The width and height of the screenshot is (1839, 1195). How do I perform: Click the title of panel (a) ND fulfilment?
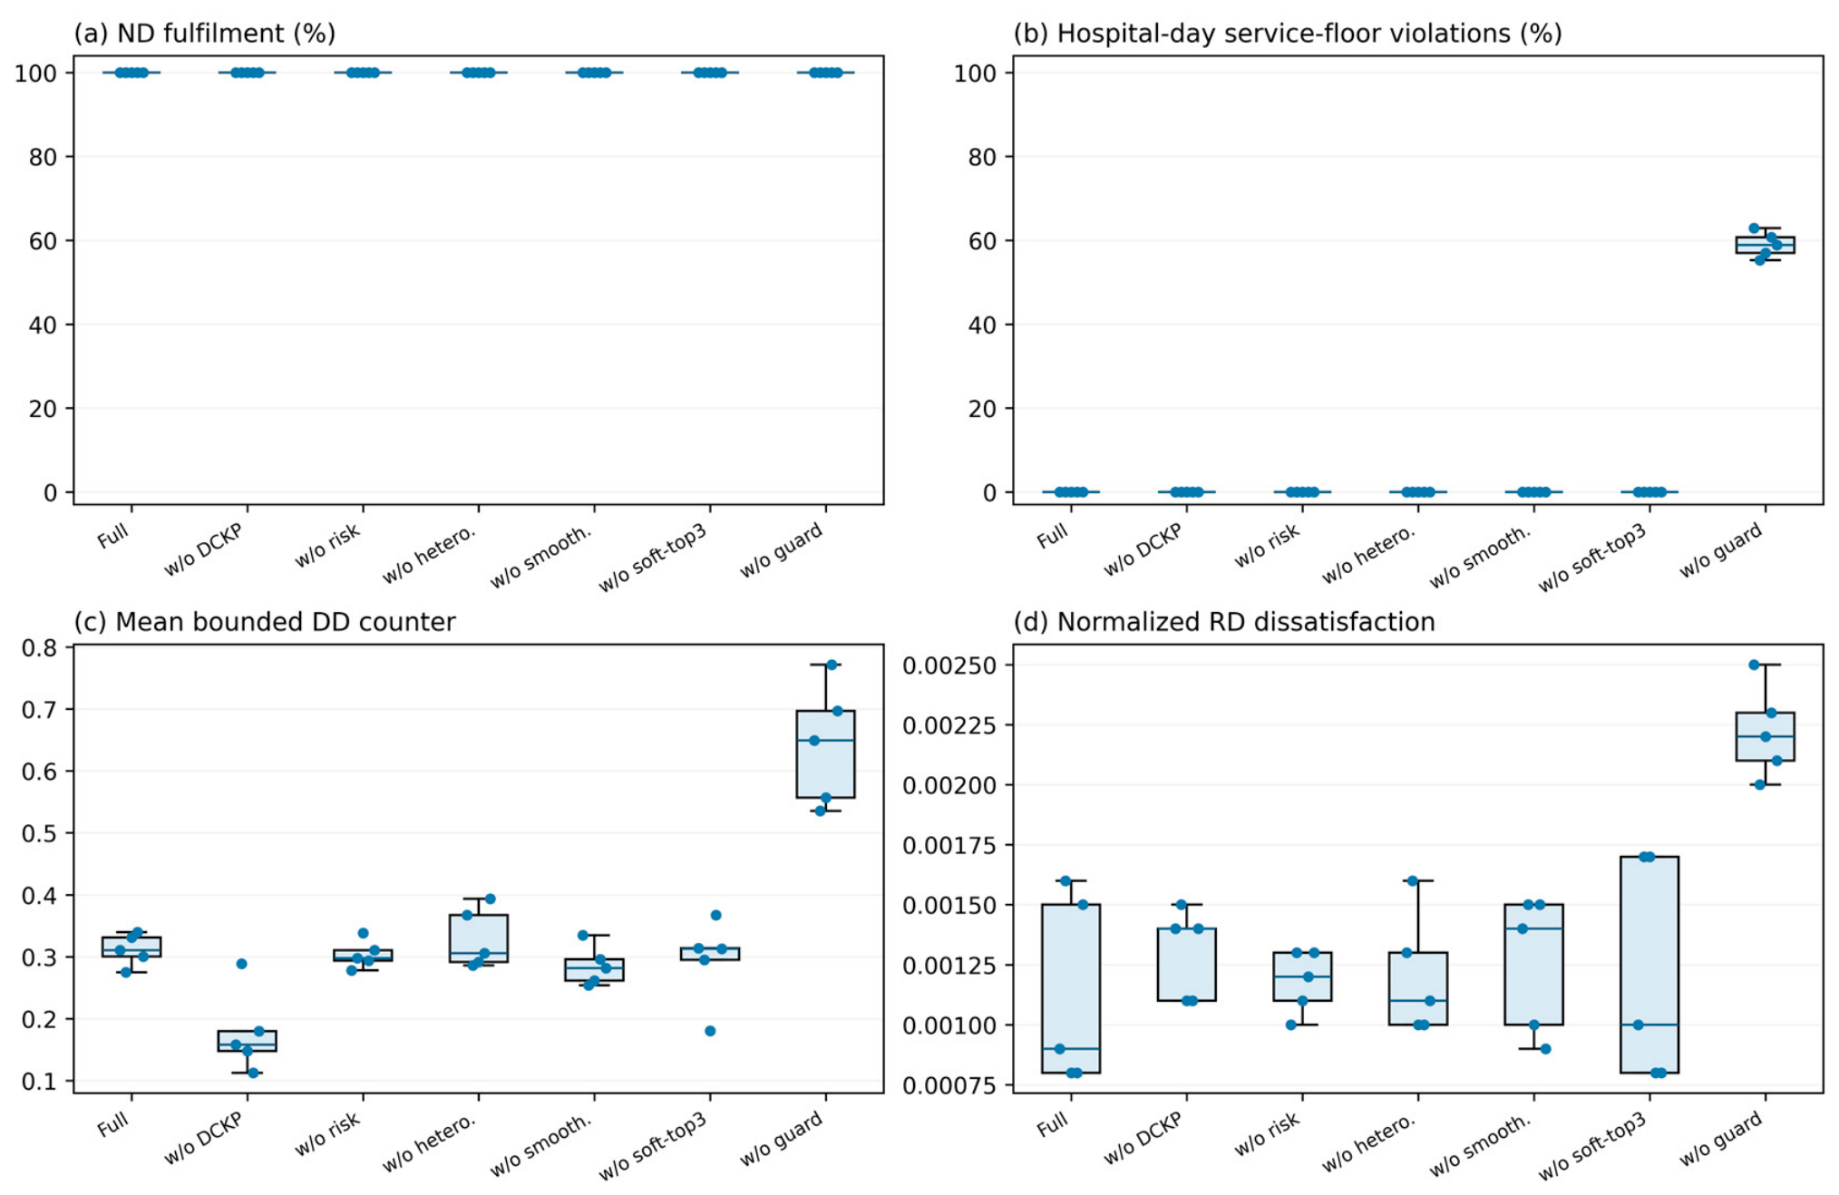tap(205, 34)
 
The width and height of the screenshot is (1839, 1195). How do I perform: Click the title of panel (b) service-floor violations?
tap(1288, 34)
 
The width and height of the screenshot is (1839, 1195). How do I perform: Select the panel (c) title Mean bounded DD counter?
tap(265, 622)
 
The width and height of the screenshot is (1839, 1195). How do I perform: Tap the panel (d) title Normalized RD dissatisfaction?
tap(1224, 622)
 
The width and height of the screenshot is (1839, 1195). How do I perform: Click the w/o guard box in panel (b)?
tap(1765, 245)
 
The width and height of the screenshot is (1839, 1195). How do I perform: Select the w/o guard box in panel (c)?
tap(825, 753)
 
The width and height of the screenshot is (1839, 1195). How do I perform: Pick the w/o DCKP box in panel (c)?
tap(248, 1040)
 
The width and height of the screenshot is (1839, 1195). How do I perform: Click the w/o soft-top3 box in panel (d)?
tap(1649, 964)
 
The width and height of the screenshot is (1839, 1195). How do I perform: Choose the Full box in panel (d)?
tap(1071, 988)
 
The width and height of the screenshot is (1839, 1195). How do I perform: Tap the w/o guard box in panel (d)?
tap(1765, 736)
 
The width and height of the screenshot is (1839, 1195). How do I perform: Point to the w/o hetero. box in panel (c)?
tap(479, 938)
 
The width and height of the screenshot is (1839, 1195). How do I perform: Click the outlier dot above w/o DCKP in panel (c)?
tap(242, 964)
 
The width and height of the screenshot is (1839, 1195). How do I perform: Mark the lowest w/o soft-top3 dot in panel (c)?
tap(710, 1031)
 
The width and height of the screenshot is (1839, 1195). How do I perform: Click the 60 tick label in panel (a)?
tap(44, 241)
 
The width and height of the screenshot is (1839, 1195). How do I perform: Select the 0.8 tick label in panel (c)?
tap(40, 647)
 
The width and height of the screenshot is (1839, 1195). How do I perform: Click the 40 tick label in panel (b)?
tap(983, 325)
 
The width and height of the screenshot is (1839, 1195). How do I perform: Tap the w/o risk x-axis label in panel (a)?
tap(327, 545)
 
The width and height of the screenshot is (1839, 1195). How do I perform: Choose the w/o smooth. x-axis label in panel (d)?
tap(1480, 1144)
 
